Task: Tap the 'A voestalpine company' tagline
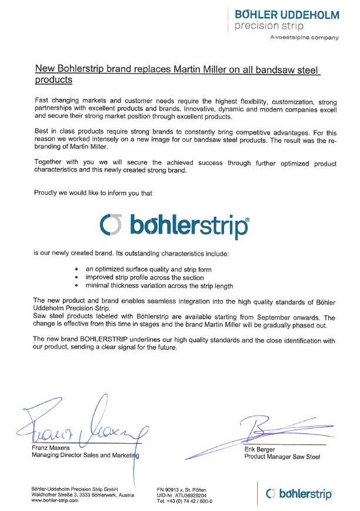[304, 38]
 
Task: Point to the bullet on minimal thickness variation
[159, 286]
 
